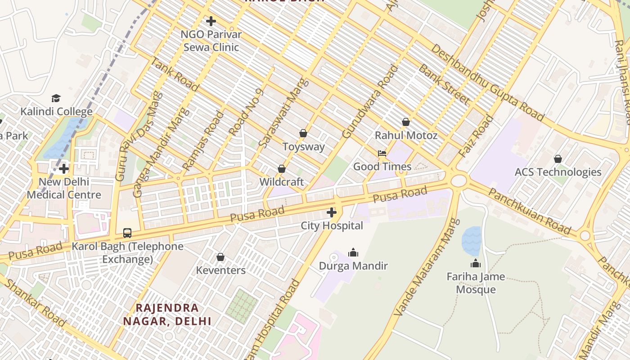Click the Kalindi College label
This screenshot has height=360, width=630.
57,112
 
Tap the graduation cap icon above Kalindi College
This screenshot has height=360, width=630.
56,98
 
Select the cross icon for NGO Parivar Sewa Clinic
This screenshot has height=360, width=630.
211,21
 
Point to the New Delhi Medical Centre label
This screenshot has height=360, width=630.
64,189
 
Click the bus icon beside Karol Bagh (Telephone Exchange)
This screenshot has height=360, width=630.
127,233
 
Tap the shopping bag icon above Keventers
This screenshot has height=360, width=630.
220,257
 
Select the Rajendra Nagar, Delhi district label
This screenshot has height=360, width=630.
167,315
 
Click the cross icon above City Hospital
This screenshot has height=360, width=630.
332,212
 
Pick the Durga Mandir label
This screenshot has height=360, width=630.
353,266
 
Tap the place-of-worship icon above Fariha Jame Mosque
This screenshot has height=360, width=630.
476,263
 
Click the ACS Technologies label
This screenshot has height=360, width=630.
558,172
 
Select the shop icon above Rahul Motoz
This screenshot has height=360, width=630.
406,122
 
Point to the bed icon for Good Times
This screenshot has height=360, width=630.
382,153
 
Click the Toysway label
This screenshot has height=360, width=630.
303,147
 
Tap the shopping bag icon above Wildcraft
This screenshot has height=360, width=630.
282,169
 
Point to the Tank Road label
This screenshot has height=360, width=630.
175,74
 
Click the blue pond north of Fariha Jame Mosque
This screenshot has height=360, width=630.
472,241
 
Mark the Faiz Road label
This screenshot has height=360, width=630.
476,136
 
